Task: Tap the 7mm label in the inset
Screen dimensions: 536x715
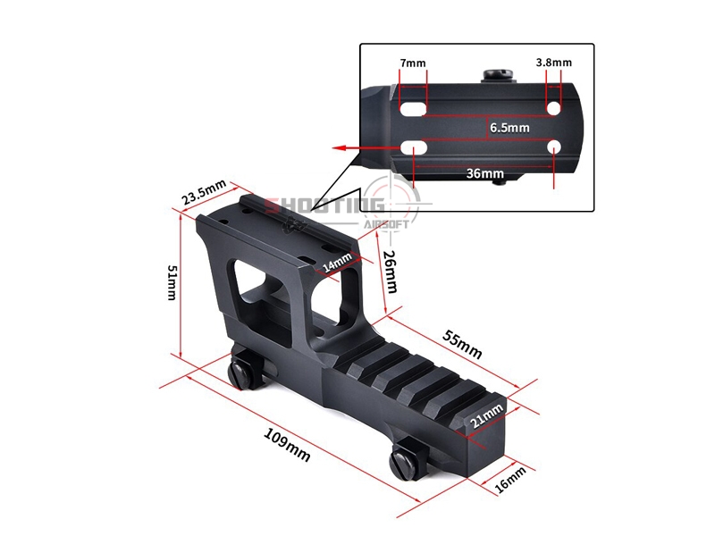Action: tap(413, 63)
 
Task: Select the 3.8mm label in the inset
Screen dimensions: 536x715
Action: tap(553, 63)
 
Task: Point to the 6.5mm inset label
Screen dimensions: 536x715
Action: tap(509, 128)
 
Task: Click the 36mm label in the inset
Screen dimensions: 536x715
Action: tap(484, 173)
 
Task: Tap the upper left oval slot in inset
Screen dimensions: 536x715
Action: tap(413, 109)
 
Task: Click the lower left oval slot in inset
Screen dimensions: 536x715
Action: tap(413, 147)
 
